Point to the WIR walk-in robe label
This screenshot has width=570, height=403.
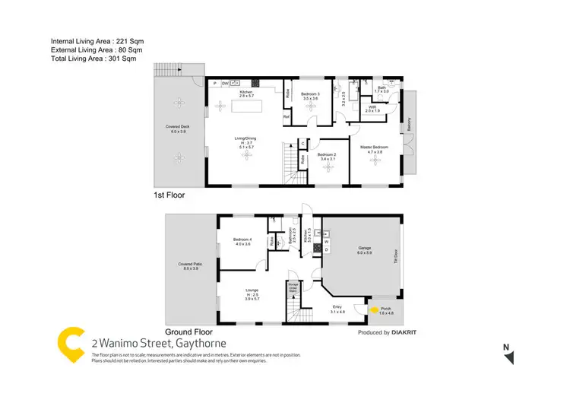coord(372,109)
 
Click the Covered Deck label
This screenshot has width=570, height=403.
coord(178,129)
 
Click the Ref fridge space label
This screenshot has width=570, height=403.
coord(287,117)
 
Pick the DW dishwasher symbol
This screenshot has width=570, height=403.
coord(224,82)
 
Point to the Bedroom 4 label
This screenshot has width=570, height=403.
coord(242,242)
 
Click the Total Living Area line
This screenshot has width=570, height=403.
coord(93,59)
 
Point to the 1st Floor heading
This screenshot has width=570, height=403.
coord(169,195)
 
